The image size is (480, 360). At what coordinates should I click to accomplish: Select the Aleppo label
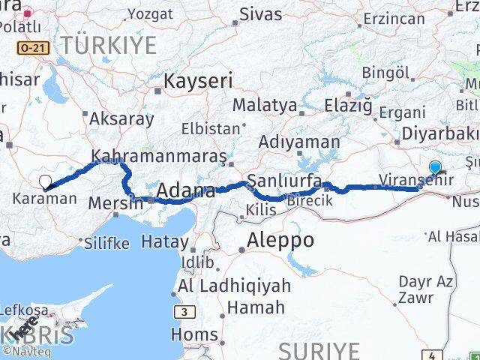280,240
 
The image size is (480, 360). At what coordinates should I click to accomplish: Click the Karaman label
44,199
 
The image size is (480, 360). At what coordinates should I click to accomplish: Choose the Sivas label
260,13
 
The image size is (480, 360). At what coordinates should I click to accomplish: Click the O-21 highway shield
33,47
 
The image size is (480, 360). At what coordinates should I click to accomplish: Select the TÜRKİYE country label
109,45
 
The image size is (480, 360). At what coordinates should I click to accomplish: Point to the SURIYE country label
319,350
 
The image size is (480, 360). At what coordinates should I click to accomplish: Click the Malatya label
264,105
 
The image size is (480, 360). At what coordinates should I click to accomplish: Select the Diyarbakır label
439,133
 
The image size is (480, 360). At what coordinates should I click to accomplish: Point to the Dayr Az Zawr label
425,289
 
